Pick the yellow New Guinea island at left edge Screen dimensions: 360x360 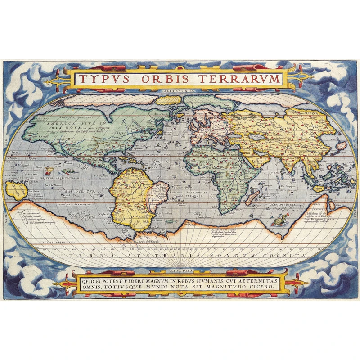(16, 191)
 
